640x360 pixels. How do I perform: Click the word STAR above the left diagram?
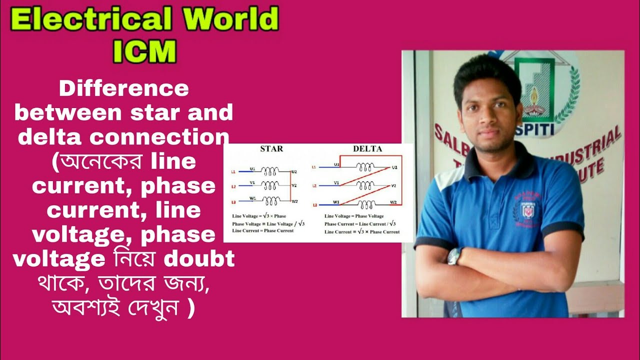click(271, 149)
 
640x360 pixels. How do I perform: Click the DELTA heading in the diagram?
click(367, 149)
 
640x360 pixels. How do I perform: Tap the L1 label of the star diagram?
click(233, 171)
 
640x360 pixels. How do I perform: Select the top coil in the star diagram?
click(270, 171)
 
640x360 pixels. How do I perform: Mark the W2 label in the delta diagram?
click(393, 202)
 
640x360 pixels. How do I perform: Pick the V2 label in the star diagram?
click(294, 185)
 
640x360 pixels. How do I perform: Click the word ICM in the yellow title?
click(144, 51)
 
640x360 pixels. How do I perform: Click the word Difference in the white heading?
click(124, 89)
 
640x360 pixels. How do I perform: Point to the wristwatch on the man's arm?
click(454, 256)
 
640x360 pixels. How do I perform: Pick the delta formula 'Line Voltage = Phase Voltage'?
click(354, 216)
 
